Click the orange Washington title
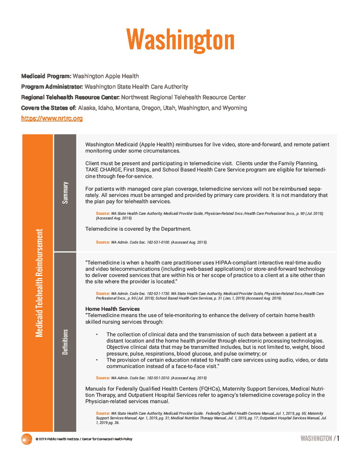[x=180, y=40]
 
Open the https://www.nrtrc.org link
[x=52, y=118]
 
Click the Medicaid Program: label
[x=46, y=76]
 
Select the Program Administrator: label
[x=52, y=87]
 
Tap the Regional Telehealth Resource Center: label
[x=70, y=97]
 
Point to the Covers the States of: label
[x=49, y=108]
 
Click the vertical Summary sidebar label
[x=65, y=193]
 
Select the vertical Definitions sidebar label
[x=65, y=342]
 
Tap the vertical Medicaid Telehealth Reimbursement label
[x=39, y=283]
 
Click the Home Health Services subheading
[x=112, y=309]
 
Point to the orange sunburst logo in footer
[x=26, y=439]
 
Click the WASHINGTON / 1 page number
[x=320, y=439]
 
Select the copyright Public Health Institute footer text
[x=84, y=439]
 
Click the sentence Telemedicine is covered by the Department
[x=138, y=229]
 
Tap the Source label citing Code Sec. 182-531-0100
[x=103, y=242]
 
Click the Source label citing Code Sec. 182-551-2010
[x=103, y=378]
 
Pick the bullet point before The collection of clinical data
[x=97, y=334]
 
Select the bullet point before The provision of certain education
[x=97, y=360]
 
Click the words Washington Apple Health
[x=106, y=76]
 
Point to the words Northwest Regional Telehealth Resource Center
[x=183, y=97]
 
